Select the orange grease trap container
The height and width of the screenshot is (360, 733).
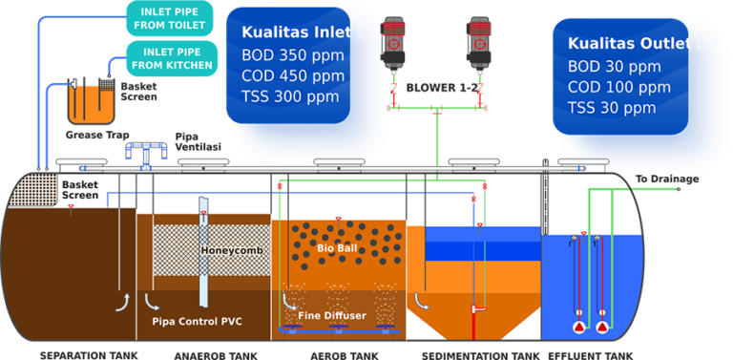[x=91, y=103]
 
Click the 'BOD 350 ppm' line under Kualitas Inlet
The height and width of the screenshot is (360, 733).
[x=292, y=54]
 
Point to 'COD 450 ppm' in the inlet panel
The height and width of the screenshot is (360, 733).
[x=293, y=75]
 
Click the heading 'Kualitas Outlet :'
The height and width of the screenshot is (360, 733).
[x=635, y=44]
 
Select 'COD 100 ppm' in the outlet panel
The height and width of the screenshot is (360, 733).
[x=619, y=87]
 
